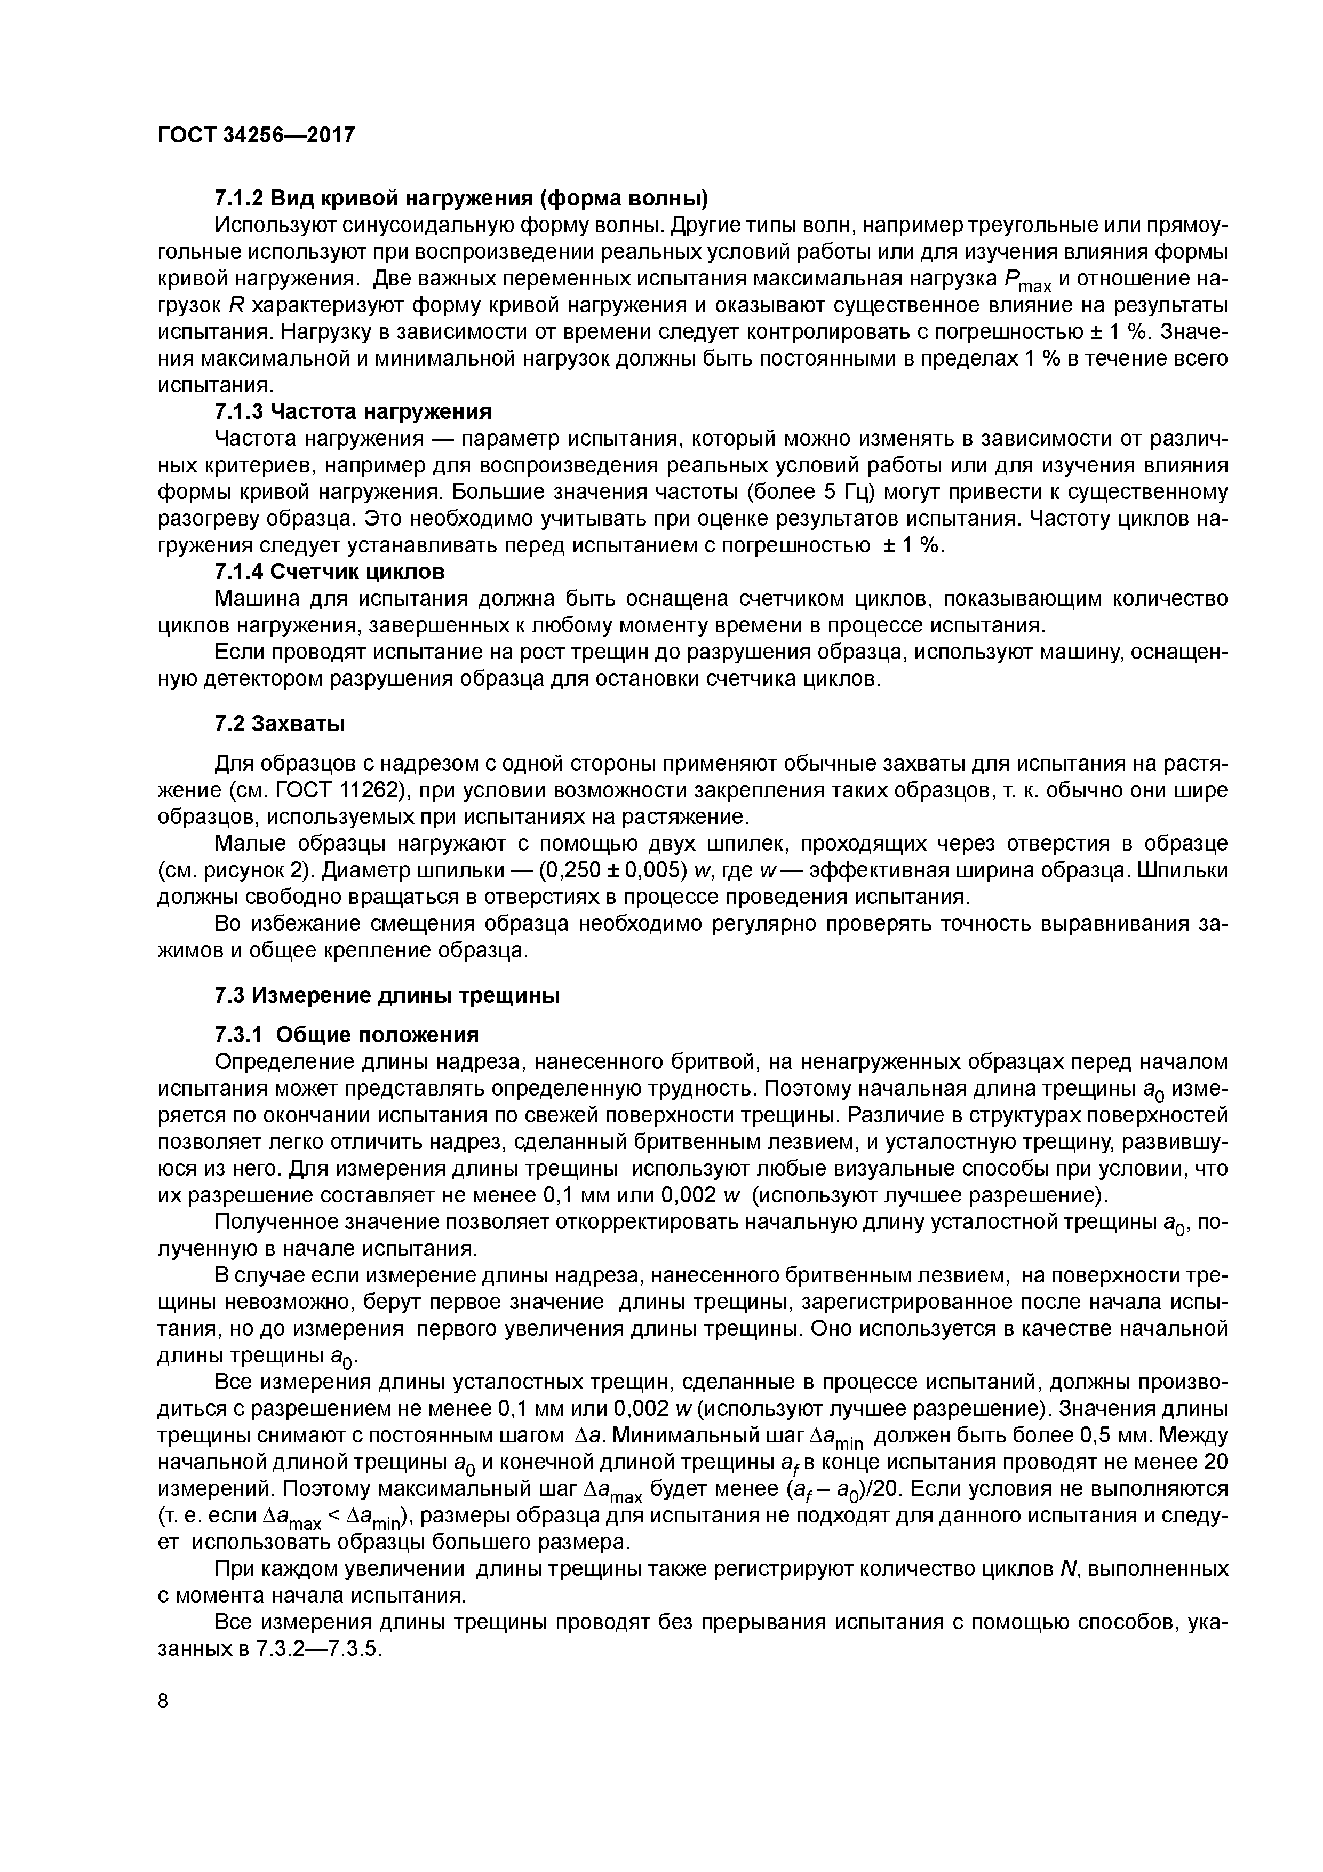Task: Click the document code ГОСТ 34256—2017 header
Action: click(x=256, y=136)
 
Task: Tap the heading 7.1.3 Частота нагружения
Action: click(x=353, y=410)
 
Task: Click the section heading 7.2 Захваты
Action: click(x=280, y=724)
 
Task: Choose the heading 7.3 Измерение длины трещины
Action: click(x=387, y=996)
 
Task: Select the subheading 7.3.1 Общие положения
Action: click(x=346, y=1035)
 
